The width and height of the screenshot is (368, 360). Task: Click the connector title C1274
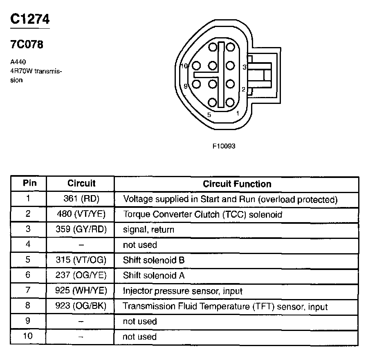[x=30, y=20]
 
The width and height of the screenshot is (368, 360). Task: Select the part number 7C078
[x=27, y=45]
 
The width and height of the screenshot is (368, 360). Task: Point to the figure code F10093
[x=224, y=146]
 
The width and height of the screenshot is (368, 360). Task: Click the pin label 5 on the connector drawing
[x=209, y=115]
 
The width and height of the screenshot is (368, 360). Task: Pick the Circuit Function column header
[x=237, y=184]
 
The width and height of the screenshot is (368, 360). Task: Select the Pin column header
[x=29, y=183]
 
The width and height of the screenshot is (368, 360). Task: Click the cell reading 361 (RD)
[x=81, y=199]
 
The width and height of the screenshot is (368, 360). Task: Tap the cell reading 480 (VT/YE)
[x=81, y=214]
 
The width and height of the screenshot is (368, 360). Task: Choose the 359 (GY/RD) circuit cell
[x=81, y=229]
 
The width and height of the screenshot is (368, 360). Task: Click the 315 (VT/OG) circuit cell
[x=81, y=260]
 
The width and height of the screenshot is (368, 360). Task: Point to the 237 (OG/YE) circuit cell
[x=81, y=275]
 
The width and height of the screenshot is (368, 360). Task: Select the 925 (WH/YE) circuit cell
[x=81, y=291]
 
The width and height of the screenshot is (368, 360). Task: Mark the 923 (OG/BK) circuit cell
[x=81, y=306]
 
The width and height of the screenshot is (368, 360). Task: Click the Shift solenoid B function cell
[x=154, y=260]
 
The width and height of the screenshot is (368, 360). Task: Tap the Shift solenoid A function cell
[x=154, y=275]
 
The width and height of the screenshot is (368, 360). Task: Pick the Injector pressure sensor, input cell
[x=183, y=291]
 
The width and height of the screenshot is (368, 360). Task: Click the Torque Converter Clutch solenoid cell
[x=202, y=214]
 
